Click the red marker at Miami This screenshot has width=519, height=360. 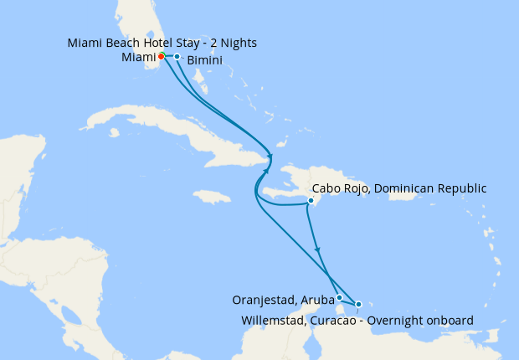tap(161, 56)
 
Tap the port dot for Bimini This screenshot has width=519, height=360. tap(177, 56)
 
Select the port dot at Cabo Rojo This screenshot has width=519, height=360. tap(311, 201)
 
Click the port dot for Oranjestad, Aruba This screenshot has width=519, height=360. tap(339, 297)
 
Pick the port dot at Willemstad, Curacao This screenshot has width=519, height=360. tap(358, 304)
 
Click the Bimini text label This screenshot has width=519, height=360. tap(204, 61)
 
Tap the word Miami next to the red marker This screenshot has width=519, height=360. tap(137, 57)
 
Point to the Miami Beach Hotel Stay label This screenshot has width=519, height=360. tap(162, 42)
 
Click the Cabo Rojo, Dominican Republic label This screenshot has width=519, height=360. tap(398, 189)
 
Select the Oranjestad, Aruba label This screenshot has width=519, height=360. tap(284, 299)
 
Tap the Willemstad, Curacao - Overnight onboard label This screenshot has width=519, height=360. tap(357, 320)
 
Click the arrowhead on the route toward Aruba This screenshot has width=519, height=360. tap(317, 249)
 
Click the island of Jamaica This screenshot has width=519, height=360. tap(211, 197)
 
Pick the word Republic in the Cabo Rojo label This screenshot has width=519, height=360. tap(460, 189)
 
